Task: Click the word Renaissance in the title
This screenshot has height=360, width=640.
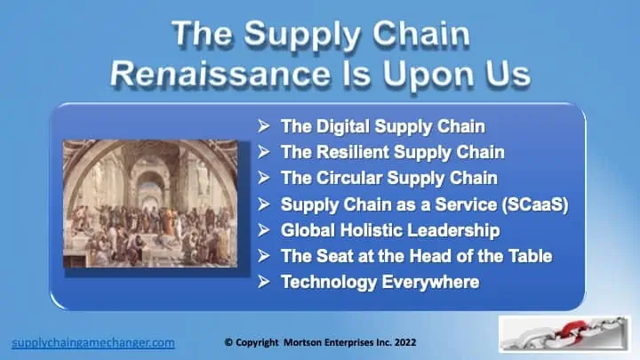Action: click(x=220, y=74)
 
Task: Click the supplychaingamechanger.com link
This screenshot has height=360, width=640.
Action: click(x=93, y=343)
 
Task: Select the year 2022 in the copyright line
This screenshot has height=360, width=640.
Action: click(x=405, y=342)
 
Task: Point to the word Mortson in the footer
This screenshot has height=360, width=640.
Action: click(x=301, y=342)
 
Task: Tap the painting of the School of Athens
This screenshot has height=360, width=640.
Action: click(x=150, y=204)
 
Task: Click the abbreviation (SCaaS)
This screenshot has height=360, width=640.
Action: click(x=535, y=204)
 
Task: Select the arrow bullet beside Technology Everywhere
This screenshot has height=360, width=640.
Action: click(x=264, y=282)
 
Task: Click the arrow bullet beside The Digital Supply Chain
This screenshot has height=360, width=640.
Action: click(x=264, y=126)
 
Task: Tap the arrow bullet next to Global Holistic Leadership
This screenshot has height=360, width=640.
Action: click(x=264, y=230)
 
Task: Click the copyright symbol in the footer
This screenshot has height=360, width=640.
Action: click(x=228, y=342)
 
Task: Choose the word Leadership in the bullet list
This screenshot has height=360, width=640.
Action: click(x=453, y=230)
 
